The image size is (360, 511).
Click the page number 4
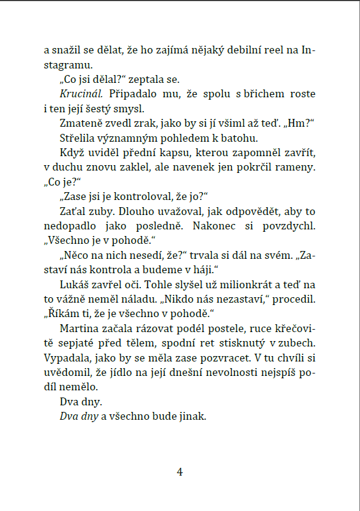pos(179,471)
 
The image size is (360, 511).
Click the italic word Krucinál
pos(81,94)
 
